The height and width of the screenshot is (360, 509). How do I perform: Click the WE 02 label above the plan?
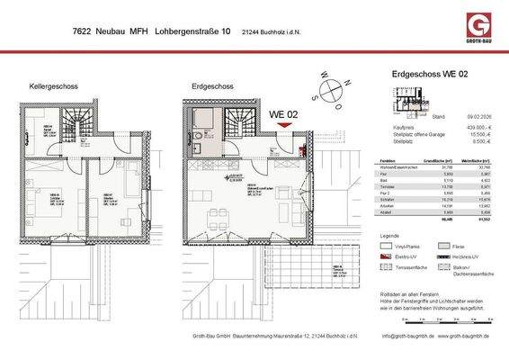(284, 114)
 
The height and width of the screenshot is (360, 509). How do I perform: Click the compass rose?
(335, 89)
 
